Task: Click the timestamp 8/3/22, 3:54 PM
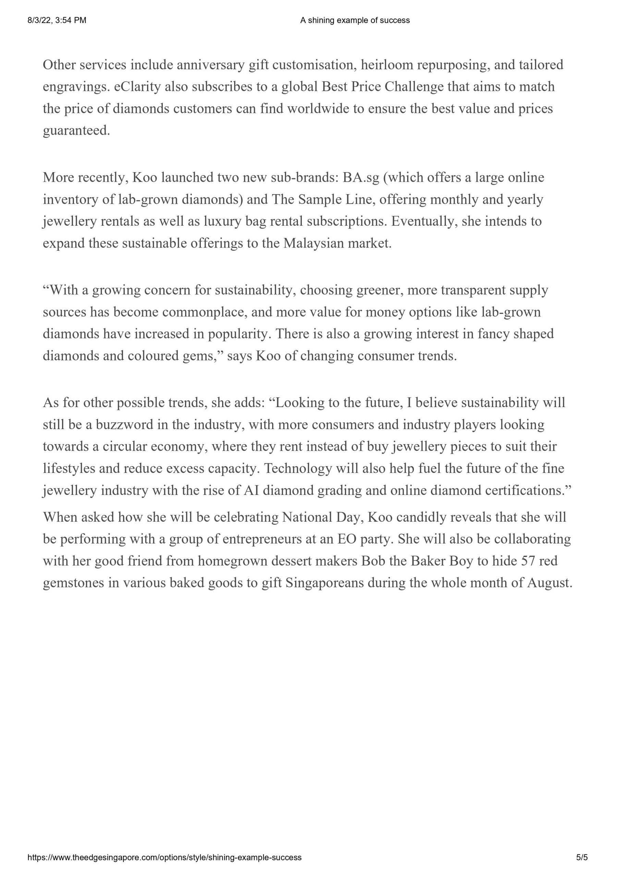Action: pos(57,20)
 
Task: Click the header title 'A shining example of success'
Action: pos(355,20)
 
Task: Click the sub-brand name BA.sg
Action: pos(361,177)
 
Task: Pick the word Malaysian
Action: pos(313,243)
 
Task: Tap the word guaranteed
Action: pos(76,131)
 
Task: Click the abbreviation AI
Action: pos(251,490)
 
